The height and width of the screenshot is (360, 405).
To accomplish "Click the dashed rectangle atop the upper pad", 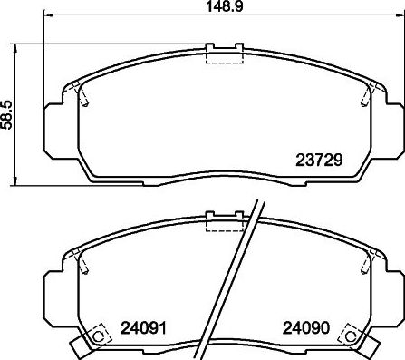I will [x=221, y=55].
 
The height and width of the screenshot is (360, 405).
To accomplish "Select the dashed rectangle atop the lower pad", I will [x=221, y=224].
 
